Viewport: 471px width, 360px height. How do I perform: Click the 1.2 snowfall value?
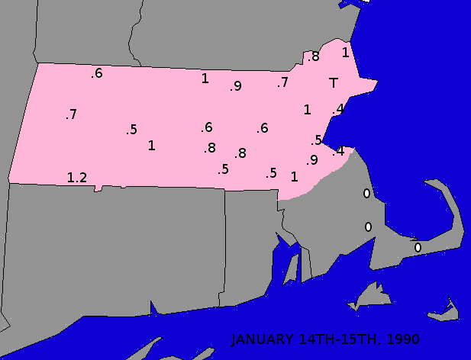(x=77, y=178)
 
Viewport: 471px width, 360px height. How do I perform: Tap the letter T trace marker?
(x=334, y=82)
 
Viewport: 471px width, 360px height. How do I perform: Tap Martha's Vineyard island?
(x=369, y=295)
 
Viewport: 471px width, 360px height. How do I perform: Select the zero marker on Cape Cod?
(x=418, y=247)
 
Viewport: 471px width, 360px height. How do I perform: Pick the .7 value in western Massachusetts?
(x=71, y=114)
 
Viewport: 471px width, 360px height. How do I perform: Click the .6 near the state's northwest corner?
(x=97, y=73)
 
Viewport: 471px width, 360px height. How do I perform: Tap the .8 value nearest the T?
(x=313, y=56)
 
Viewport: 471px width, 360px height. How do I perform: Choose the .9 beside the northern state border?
(x=235, y=86)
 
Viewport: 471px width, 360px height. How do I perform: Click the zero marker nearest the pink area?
(x=366, y=194)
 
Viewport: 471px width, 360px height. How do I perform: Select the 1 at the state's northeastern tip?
(x=345, y=53)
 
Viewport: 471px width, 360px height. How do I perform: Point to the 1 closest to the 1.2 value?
(x=151, y=145)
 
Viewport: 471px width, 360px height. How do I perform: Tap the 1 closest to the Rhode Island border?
(x=294, y=176)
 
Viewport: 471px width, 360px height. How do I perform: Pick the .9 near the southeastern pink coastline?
(x=311, y=160)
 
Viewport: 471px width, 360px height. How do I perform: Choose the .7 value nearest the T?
(x=282, y=82)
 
